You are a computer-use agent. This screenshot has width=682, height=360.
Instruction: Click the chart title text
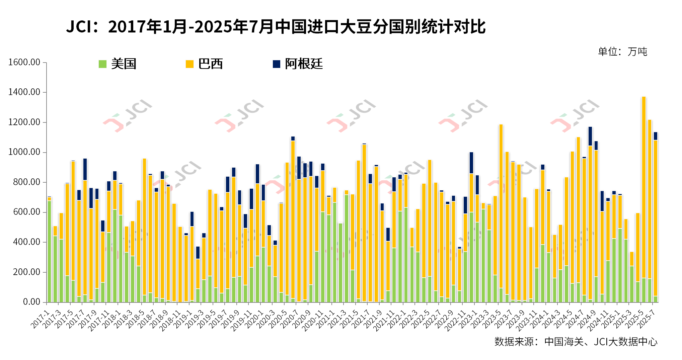pos(276,27)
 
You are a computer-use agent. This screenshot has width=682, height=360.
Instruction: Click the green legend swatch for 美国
pos(102,64)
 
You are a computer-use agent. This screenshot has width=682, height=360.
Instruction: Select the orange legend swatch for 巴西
pos(190,64)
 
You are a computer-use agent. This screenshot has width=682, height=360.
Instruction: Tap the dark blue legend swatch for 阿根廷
pos(277,64)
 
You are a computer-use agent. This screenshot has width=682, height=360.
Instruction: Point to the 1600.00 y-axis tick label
pos(24,62)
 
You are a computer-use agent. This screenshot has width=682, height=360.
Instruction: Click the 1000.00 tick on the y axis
pos(24,152)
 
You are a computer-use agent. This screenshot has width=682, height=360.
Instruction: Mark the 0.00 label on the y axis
pos(31,302)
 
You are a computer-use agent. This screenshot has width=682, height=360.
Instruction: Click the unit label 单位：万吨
pos(622,52)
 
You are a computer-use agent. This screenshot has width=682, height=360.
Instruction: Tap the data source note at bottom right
pos(576,342)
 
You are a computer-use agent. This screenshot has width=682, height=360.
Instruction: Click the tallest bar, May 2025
pos(643,201)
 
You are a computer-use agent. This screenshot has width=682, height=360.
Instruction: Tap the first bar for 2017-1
pos(50,251)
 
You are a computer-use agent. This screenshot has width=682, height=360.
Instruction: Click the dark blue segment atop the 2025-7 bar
pos(656,136)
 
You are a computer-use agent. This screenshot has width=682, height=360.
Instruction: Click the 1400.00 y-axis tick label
pos(24,92)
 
